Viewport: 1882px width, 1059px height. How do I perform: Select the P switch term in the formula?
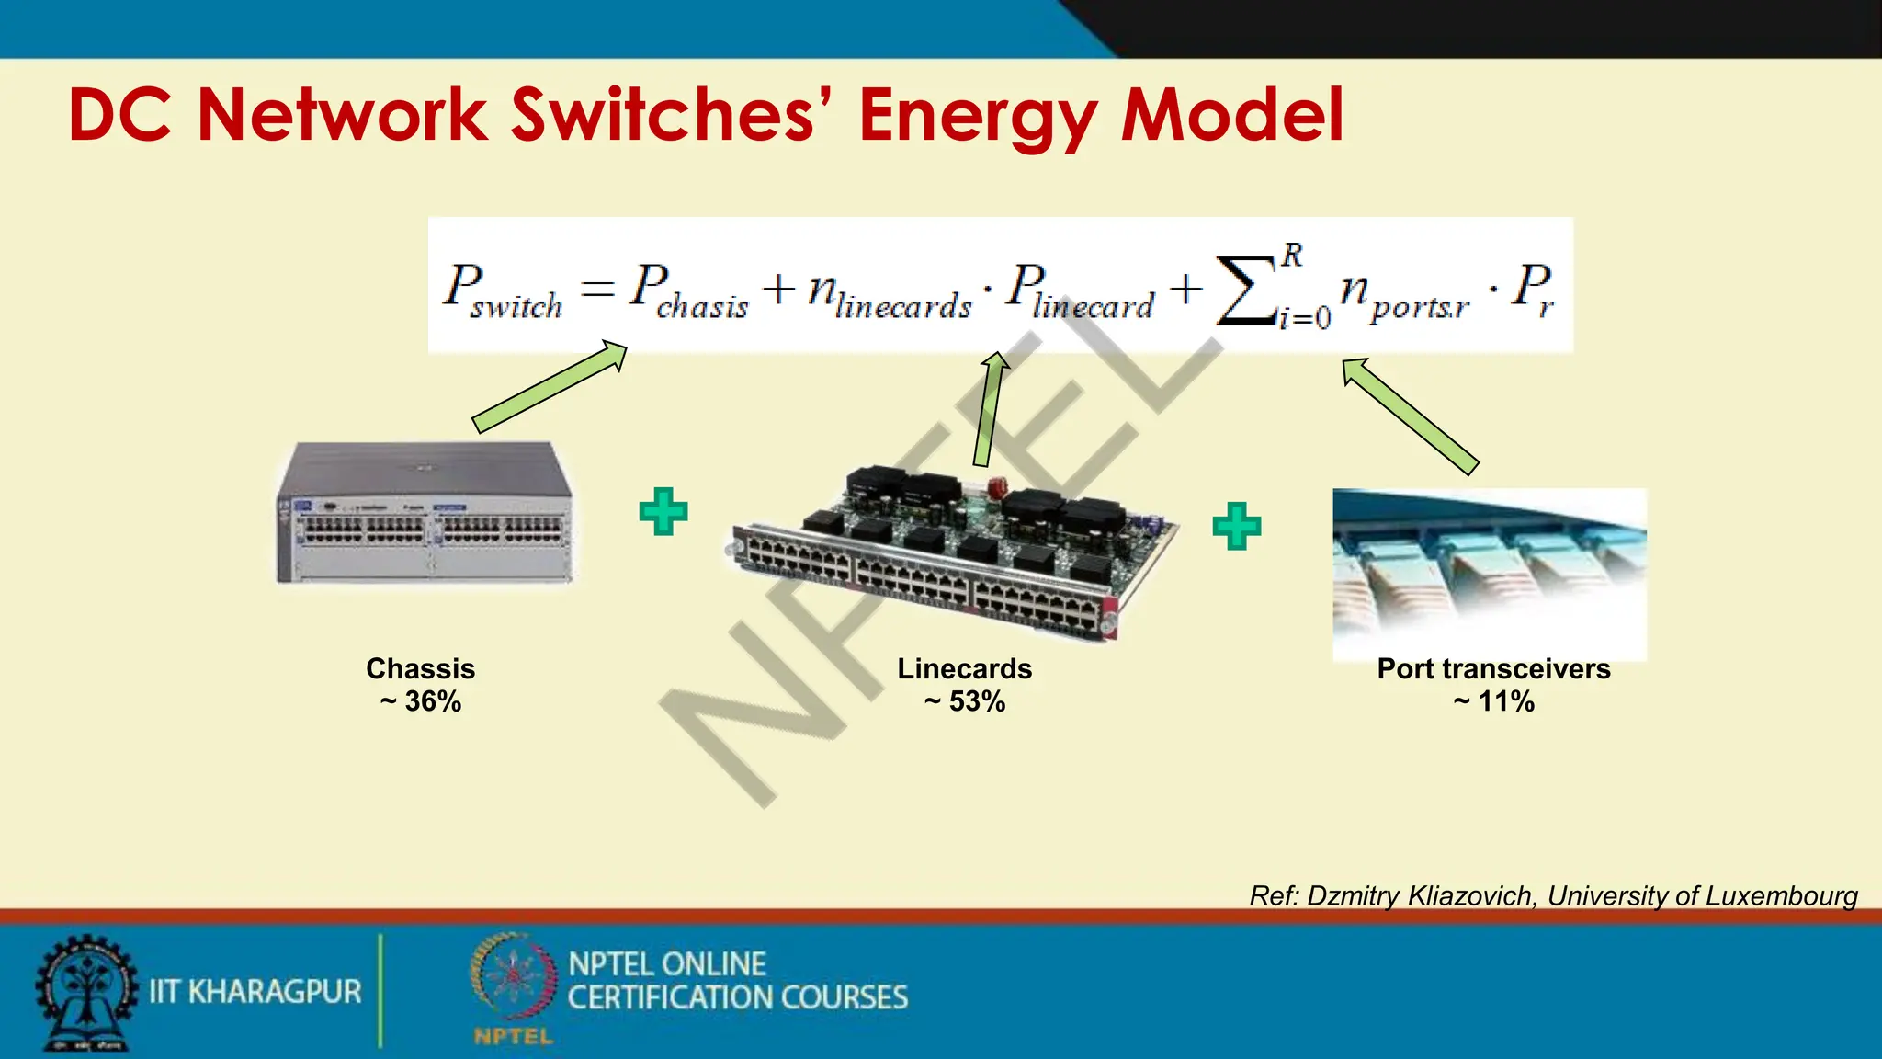(502, 290)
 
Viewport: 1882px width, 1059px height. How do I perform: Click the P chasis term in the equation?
(687, 290)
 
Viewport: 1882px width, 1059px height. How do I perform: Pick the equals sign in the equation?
(597, 289)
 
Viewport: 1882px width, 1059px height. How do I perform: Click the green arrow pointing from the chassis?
(550, 386)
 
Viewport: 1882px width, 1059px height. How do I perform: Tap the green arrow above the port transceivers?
(1410, 415)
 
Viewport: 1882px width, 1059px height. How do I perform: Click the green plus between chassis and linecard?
(663, 511)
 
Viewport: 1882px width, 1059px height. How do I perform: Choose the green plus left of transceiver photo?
(1236, 526)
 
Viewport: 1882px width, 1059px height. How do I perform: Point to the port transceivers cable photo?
(1489, 570)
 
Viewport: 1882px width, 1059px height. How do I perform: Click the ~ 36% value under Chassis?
(421, 701)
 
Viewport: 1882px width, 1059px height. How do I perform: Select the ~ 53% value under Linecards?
(965, 701)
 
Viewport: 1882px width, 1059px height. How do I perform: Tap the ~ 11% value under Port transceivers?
(1493, 701)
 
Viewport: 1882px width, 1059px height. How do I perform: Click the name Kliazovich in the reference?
(1470, 895)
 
